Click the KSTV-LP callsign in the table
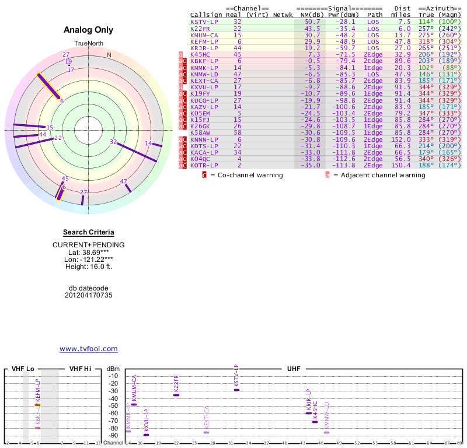[x=204, y=22]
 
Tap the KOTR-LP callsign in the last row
[x=204, y=166]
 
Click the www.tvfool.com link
[x=88, y=349]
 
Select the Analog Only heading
[x=88, y=30]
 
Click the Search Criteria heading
[x=88, y=232]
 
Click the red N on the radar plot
[x=109, y=55]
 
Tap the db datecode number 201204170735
[x=88, y=295]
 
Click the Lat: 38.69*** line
[x=88, y=252]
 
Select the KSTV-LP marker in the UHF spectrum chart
[x=236, y=390]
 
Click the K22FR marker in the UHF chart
[x=176, y=395]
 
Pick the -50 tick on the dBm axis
[x=113, y=405]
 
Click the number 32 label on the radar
[x=113, y=142]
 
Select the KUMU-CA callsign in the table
[x=204, y=35]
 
